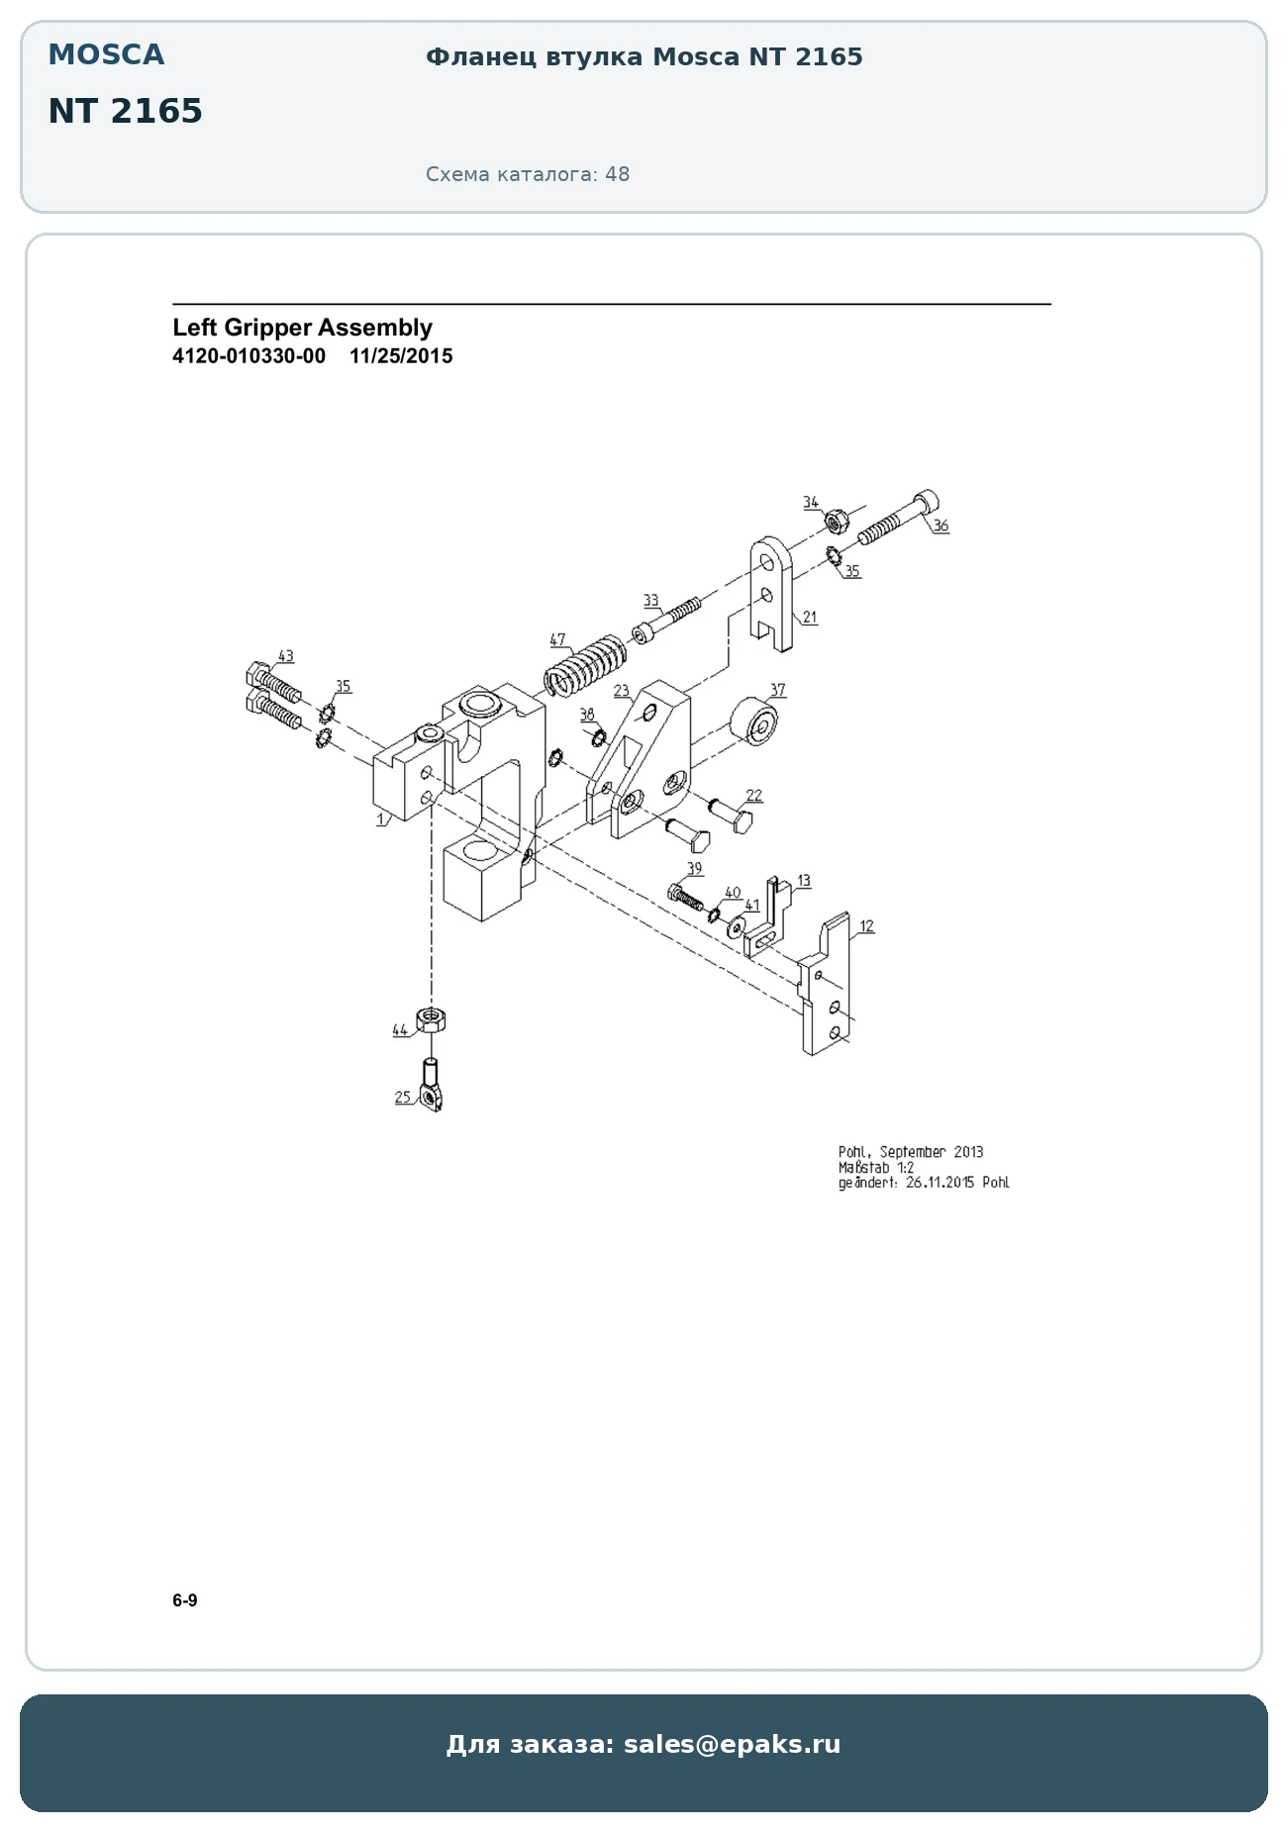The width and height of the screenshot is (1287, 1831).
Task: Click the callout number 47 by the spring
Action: [557, 640]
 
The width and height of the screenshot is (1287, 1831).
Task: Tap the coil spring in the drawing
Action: [585, 664]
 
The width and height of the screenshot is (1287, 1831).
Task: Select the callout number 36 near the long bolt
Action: [940, 526]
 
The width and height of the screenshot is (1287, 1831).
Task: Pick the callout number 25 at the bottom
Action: [402, 1097]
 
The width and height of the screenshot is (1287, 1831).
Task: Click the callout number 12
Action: [866, 926]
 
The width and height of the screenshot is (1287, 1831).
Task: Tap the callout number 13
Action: [803, 880]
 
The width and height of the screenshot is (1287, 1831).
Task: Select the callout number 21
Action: [810, 618]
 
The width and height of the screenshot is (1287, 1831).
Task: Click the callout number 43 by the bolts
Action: [285, 656]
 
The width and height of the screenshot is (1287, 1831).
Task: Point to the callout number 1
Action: [381, 819]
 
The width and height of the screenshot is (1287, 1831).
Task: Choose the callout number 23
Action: [621, 691]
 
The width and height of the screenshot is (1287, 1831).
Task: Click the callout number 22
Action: [754, 796]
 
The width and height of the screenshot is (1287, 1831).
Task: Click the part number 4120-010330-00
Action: [248, 356]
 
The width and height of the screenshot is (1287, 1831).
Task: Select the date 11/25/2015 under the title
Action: [401, 356]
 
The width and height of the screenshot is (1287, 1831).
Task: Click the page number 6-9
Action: [185, 1600]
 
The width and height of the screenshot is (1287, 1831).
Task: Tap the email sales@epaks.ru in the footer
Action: [733, 1744]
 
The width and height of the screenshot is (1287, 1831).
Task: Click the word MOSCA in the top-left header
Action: [106, 55]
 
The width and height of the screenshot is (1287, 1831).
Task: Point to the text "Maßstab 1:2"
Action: [876, 1168]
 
